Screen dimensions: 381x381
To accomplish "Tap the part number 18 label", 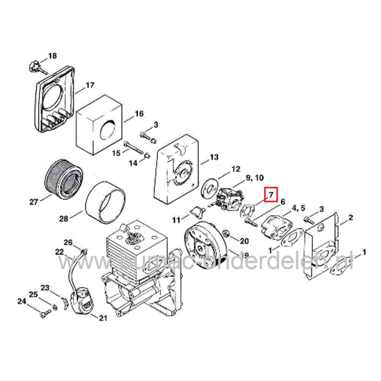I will [x=52, y=56].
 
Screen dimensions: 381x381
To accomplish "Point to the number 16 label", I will [x=139, y=114].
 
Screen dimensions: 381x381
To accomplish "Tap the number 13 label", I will [x=213, y=157].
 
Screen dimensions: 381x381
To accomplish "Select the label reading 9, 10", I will [x=255, y=178].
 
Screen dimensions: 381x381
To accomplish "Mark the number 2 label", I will [x=351, y=218].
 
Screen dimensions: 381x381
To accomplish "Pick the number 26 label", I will [x=68, y=243].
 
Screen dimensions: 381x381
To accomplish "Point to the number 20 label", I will [x=244, y=241].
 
